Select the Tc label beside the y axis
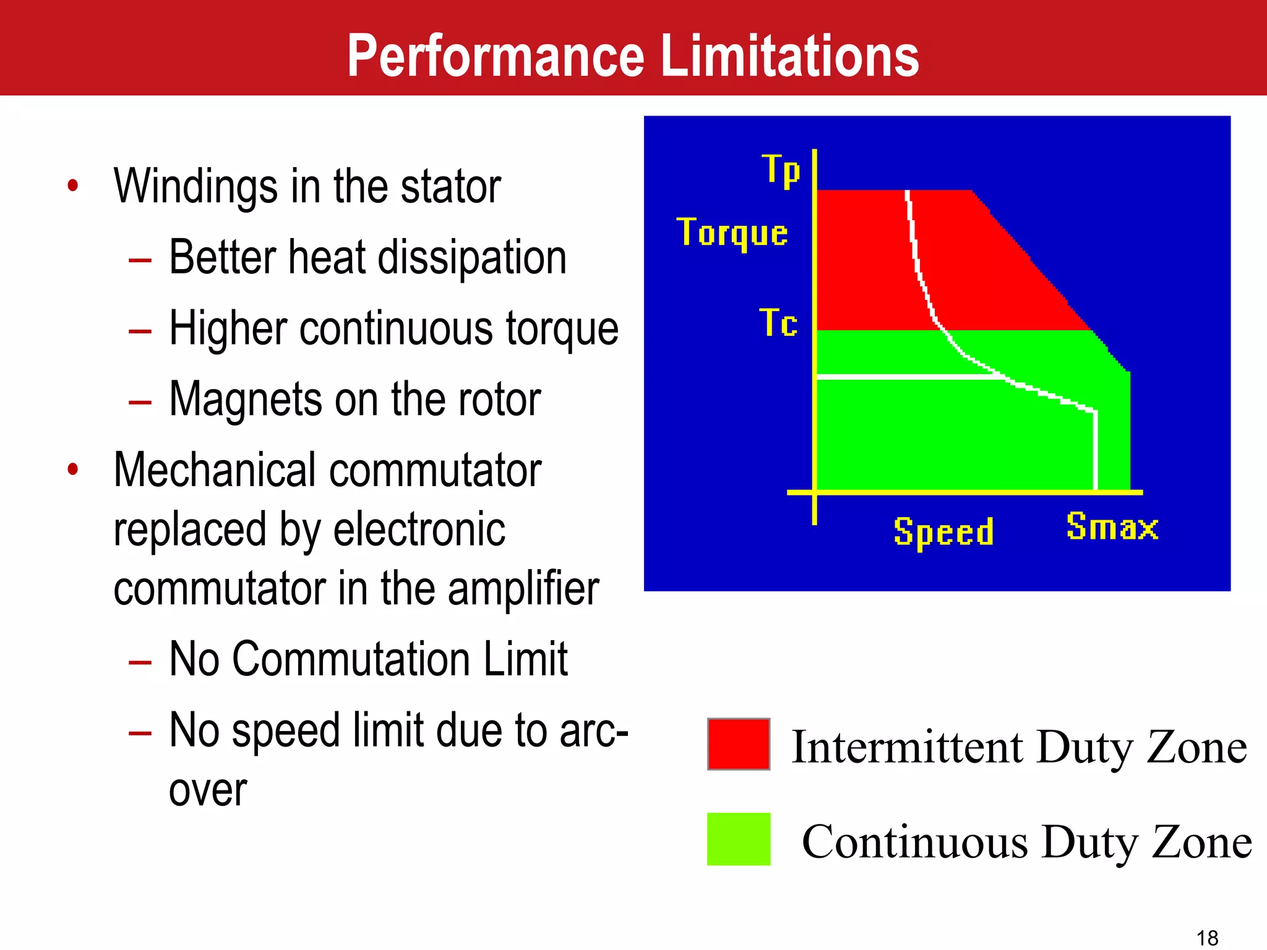(778, 323)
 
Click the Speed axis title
(943, 532)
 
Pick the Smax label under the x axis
(1112, 527)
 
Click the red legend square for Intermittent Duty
(738, 744)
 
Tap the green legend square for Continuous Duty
(738, 839)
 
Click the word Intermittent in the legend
(908, 747)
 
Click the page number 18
(1207, 938)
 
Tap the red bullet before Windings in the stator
(73, 186)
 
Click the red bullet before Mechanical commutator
(73, 469)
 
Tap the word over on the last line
(208, 790)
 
